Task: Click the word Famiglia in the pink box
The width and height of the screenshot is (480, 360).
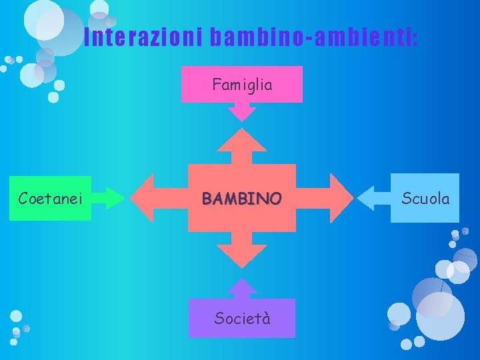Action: coord(242,85)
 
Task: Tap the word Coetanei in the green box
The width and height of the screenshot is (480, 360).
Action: coord(50,199)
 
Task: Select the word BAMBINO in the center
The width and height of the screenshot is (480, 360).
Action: coord(242,199)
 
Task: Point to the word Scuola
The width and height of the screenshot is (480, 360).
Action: coord(425,199)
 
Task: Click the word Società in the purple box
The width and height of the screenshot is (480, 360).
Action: coord(242,318)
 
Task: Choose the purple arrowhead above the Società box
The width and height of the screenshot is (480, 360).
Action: coord(242,287)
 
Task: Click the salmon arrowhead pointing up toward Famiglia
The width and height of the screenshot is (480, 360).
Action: coord(242,141)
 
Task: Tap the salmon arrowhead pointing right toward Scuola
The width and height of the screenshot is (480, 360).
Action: coord(341,198)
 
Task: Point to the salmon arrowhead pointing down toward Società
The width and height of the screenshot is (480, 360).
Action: coord(242,255)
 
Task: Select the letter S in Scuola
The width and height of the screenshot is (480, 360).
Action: coord(405,199)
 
